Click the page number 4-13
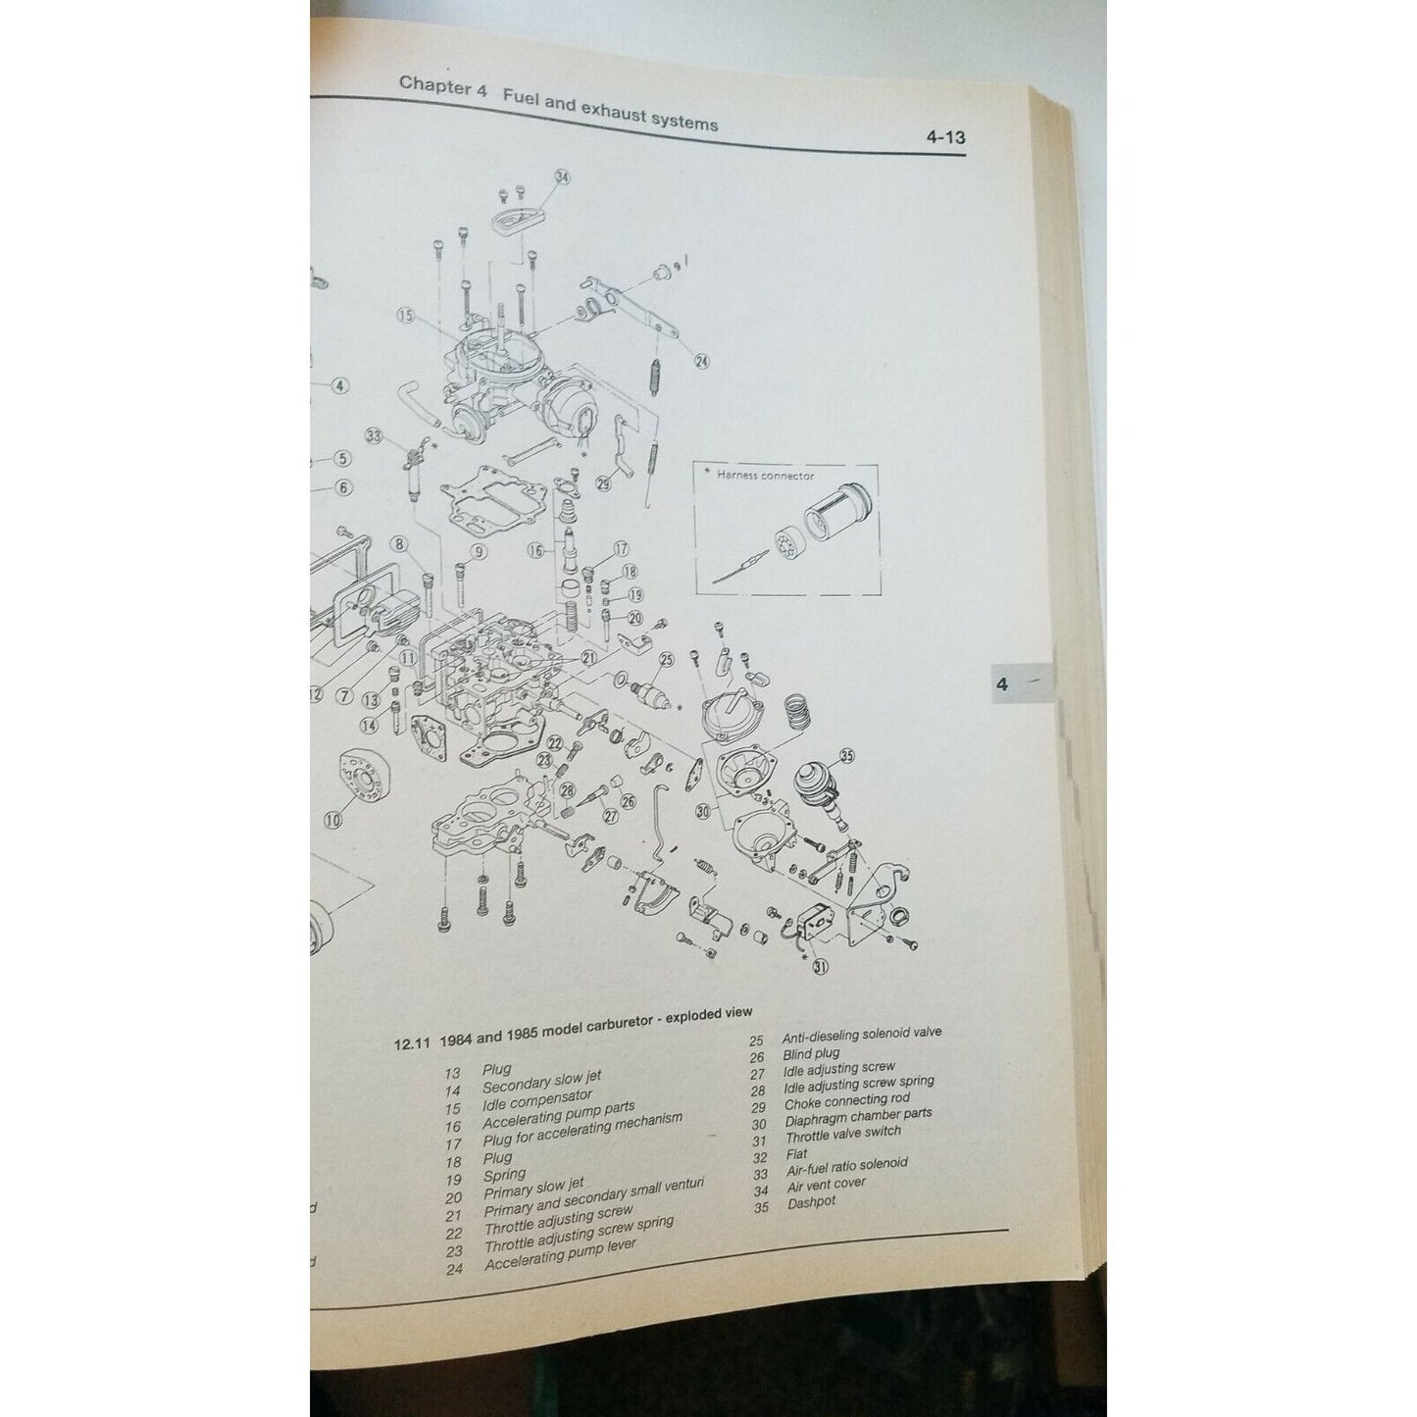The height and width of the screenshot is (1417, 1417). tap(945, 137)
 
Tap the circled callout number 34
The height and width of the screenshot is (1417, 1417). tap(562, 177)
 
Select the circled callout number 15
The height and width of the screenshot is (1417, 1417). tap(407, 315)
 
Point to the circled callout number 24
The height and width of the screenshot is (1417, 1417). tap(701, 361)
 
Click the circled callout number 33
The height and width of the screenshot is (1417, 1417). tap(373, 436)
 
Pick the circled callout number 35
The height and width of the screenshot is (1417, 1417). tap(846, 756)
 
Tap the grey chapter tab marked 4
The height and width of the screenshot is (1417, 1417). tap(1001, 683)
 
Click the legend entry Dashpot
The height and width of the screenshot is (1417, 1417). tap(811, 1202)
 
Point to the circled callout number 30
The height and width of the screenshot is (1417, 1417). tap(701, 811)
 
